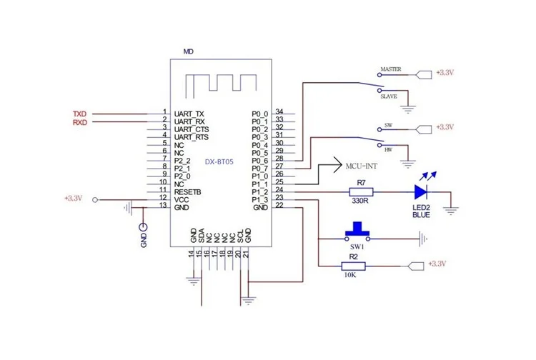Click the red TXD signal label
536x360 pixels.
pos(80,114)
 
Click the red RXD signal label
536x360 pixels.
pos(80,122)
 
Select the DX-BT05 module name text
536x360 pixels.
pos(219,162)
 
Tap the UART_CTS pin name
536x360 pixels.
pos(192,129)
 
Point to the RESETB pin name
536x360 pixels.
pos(188,191)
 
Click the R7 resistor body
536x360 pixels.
pos(361,191)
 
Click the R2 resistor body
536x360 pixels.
pos(353,266)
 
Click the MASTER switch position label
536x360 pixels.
pos(390,70)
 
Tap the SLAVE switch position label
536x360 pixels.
pos(388,96)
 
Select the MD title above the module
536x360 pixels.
pos(189,52)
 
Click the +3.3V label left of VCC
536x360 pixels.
pos(74,199)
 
